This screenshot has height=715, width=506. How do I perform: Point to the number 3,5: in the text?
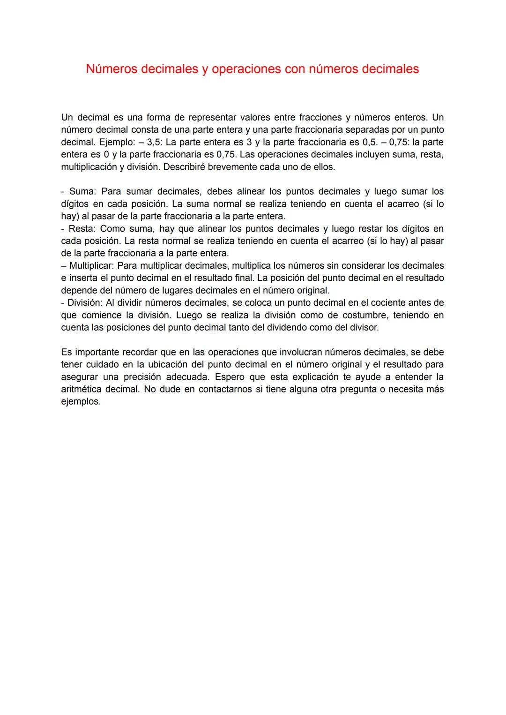155,142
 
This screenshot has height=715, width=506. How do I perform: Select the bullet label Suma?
83,191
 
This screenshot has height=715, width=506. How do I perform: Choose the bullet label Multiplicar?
91,266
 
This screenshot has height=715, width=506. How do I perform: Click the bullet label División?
85,303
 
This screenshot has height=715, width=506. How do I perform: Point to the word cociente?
388,303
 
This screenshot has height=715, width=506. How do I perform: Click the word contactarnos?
225,389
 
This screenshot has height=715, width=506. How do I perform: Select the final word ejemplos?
81,402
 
